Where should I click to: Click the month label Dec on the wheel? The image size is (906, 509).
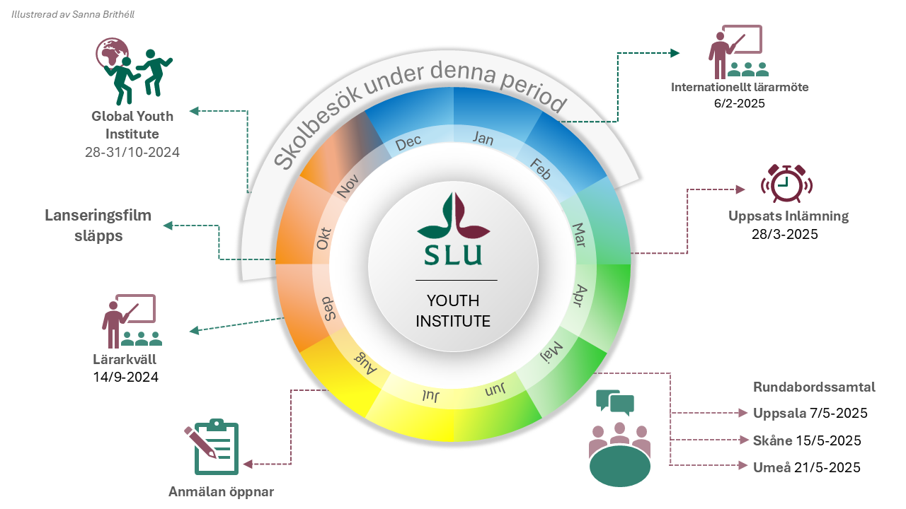[x=408, y=143]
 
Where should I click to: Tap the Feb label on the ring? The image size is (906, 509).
[x=541, y=168]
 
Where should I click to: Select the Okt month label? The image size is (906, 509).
[x=323, y=239]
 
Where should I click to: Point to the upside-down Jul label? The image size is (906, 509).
[x=431, y=395]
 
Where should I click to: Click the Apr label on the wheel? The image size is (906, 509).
[x=580, y=296]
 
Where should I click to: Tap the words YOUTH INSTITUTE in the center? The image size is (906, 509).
[x=453, y=311]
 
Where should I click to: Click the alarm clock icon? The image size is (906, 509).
[x=786, y=183]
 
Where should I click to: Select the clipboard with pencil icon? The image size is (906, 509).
[x=212, y=447]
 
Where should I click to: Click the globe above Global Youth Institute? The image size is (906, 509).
[x=111, y=52]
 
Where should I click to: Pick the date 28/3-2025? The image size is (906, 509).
[x=785, y=234]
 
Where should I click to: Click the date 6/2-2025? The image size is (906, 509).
[x=740, y=103]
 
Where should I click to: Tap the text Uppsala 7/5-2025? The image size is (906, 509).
[x=810, y=414]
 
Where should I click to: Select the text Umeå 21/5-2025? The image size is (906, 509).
[x=806, y=467]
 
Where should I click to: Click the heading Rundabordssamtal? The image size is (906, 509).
[x=814, y=387]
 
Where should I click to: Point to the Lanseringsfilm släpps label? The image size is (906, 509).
[x=98, y=226]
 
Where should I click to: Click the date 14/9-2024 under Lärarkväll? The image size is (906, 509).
[x=125, y=377]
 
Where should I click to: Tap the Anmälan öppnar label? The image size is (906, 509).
[x=222, y=491]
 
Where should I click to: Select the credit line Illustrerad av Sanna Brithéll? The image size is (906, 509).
[x=73, y=15]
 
